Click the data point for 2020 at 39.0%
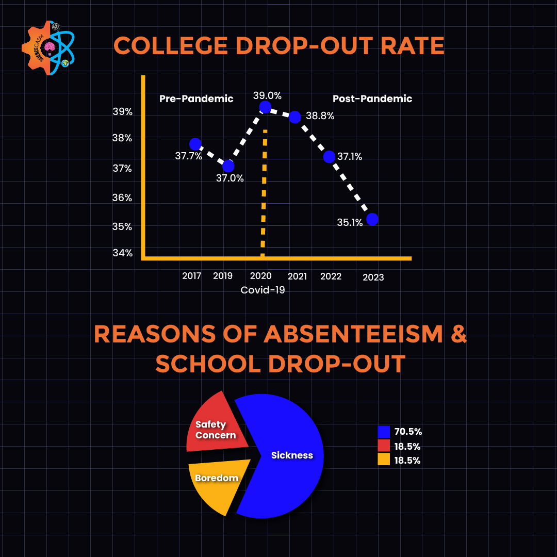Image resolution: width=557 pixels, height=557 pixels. coord(265,107)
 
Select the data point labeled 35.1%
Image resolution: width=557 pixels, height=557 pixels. coord(372,219)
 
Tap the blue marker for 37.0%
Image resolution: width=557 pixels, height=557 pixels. coord(228,166)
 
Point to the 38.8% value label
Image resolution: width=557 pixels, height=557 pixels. coord(320,116)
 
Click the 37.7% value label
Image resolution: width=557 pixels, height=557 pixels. coord(188,156)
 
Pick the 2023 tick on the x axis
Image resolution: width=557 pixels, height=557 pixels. coord(373,277)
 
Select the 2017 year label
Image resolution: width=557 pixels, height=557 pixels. coord(191,276)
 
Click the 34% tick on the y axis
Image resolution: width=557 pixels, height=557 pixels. coord(123,253)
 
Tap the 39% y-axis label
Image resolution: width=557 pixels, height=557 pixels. coord(123,112)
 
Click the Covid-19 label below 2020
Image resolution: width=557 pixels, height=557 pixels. coord(263,290)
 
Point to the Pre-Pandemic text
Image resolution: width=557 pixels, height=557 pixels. coord(196,99)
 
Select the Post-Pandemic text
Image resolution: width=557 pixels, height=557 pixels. coord(372,99)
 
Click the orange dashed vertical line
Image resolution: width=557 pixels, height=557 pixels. coord(264,196)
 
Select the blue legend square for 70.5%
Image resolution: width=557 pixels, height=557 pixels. coord(384,432)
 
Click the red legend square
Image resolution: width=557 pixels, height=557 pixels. coord(384,446)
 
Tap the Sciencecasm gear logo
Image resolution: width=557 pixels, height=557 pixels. coord(48,48)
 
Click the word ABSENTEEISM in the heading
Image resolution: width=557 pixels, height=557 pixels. coord(353,334)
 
